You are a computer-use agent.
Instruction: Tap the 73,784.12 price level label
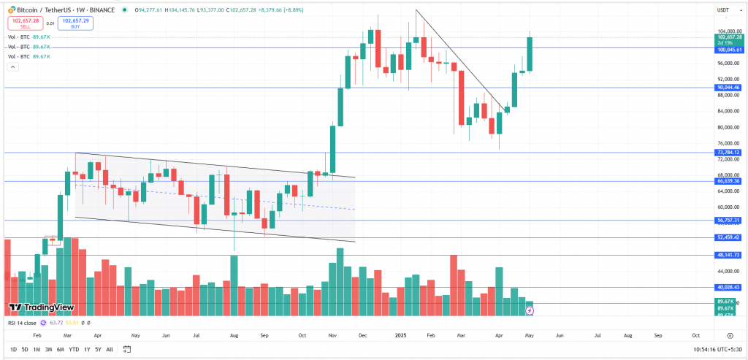[x=728, y=152]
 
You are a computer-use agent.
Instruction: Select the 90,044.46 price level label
[x=728, y=88]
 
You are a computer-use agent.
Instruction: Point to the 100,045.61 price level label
[x=728, y=50]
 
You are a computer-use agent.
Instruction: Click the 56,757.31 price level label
[x=728, y=220]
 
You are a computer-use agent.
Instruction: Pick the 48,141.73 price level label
[x=728, y=255]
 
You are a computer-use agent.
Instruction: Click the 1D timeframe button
[x=13, y=350]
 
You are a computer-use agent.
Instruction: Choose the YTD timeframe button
[x=74, y=350]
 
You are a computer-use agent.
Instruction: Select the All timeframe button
[x=110, y=350]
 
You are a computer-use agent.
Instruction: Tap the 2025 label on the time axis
[x=400, y=334]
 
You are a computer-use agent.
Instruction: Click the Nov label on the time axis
[x=332, y=334]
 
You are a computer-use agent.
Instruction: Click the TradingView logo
[x=41, y=307]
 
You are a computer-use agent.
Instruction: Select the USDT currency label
[x=724, y=9]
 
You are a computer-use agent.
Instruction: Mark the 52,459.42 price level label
[x=728, y=237]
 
